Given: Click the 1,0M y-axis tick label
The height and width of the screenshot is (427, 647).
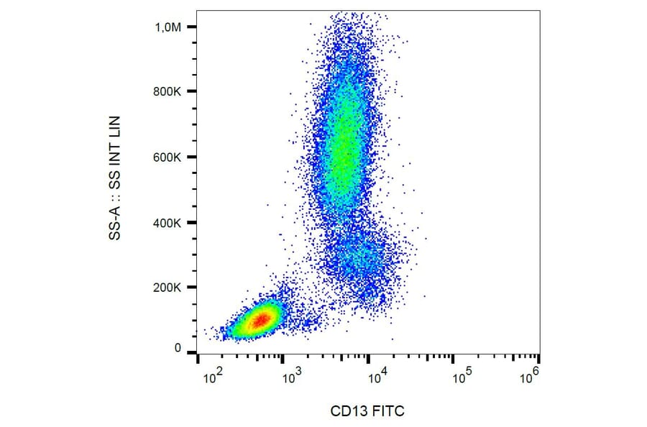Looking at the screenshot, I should coord(169,27).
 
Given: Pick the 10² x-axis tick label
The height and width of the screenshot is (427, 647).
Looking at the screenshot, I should coord(213,375).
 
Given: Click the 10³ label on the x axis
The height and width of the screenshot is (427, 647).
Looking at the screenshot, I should coord(290,375).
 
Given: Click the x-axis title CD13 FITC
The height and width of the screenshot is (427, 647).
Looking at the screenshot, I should coord(367,411).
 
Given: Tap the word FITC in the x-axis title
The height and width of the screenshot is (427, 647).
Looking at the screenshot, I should coord(389,411).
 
